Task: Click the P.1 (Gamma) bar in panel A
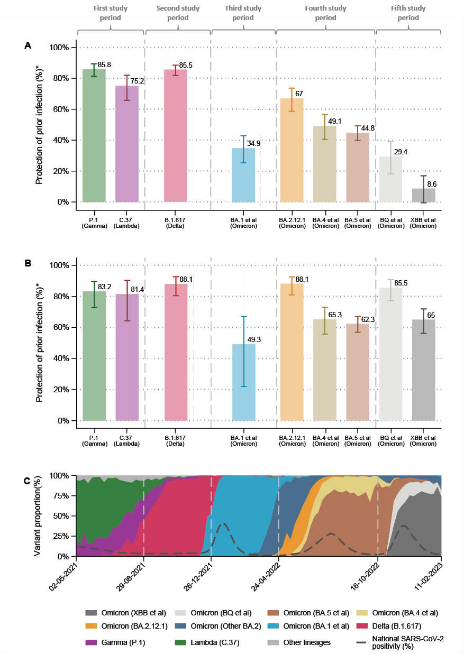(x=94, y=135)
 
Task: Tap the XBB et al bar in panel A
(x=424, y=195)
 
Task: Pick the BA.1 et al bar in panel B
(x=243, y=382)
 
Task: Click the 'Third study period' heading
(x=243, y=13)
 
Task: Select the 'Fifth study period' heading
(x=408, y=13)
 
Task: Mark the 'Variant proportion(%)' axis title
(x=39, y=515)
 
